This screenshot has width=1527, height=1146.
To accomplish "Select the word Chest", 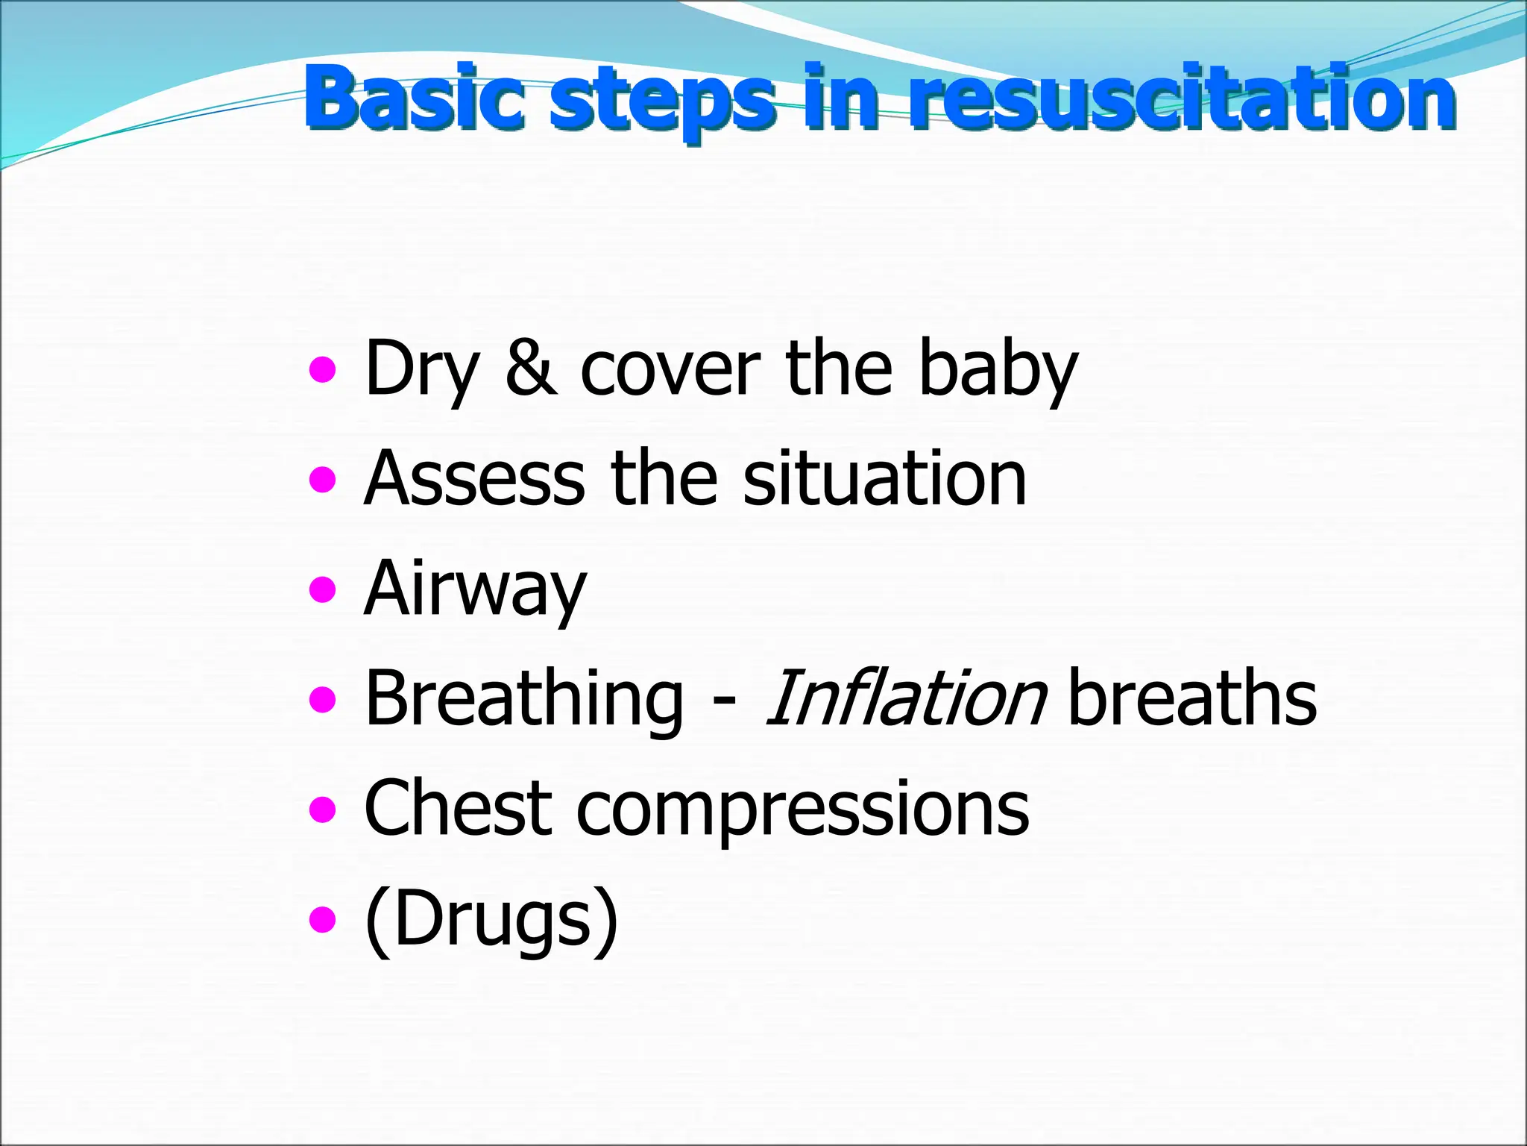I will pos(458,808).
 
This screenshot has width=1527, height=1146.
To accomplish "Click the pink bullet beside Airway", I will pos(322,590).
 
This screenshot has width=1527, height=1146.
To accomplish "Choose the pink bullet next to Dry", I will pos(322,369).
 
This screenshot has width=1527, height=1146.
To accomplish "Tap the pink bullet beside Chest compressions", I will pos(322,810).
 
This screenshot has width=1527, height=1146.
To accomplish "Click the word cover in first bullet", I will pos(670,369).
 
